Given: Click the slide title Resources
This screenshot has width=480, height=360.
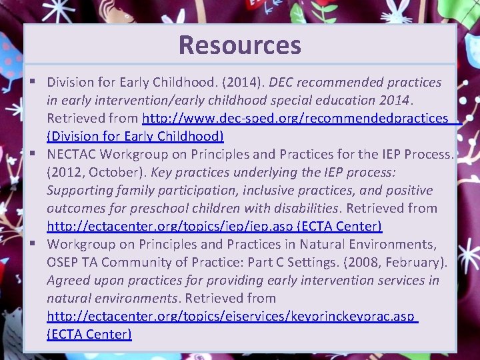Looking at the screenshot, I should (240, 45).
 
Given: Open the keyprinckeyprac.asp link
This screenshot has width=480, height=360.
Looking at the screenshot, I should (231, 316).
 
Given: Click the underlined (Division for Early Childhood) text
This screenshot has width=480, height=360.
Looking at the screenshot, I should (135, 137).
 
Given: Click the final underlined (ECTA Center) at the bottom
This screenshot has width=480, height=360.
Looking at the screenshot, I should (89, 334).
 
